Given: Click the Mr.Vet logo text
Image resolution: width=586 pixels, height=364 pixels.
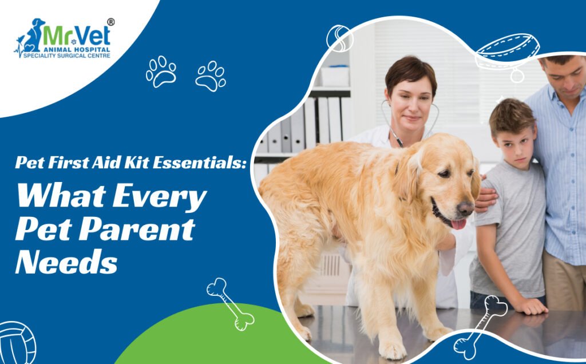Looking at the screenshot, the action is point(77,36).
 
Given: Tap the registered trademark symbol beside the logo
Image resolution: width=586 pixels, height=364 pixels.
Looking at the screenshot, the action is point(111,22).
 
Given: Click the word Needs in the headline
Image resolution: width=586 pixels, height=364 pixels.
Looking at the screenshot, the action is point(66,261).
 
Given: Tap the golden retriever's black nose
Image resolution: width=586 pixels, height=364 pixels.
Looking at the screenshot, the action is point(466,208).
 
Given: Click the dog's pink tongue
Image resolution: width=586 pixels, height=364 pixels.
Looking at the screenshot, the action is point(459,224).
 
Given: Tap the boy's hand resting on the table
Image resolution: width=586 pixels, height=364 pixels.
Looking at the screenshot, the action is point(532,306).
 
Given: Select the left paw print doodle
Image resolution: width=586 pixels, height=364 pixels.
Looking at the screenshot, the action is point(161,72).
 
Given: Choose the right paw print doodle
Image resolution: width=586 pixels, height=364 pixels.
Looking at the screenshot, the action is point(211,76).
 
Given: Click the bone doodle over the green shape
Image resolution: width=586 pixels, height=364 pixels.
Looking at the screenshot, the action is point(230,304).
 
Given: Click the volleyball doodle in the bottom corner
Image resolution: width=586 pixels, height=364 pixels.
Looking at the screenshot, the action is point(17,343).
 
